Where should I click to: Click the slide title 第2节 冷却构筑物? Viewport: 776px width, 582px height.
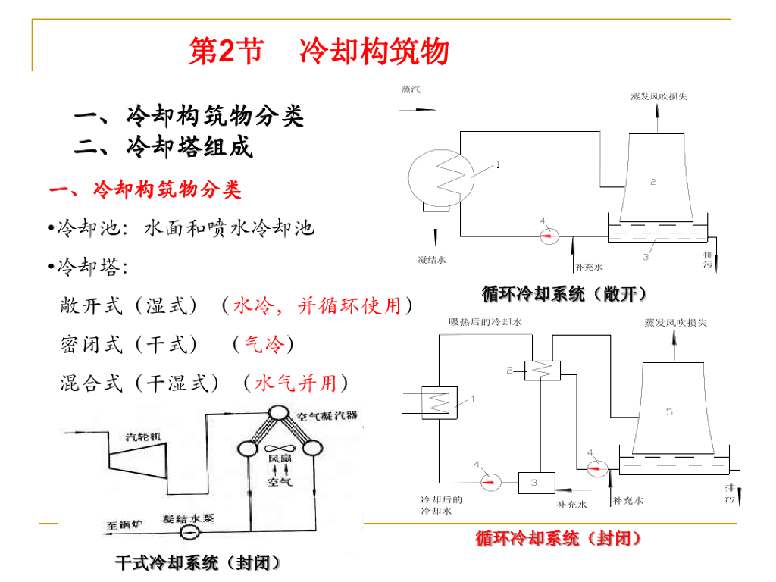[x=318, y=52]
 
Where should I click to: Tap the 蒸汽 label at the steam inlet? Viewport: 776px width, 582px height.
[x=411, y=89]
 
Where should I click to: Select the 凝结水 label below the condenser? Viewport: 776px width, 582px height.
[x=432, y=259]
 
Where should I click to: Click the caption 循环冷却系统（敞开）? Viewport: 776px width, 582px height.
[x=565, y=293]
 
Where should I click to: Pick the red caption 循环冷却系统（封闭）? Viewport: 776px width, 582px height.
[x=559, y=539]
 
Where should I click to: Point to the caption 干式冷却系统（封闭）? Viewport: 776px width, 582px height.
[x=198, y=563]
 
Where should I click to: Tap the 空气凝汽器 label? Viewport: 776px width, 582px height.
[x=327, y=416]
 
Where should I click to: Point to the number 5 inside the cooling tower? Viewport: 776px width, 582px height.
[x=669, y=411]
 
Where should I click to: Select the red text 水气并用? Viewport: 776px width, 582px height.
[x=296, y=383]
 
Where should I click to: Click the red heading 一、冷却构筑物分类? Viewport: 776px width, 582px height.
[x=145, y=189]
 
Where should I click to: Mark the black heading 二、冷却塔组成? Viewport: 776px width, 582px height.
[x=164, y=147]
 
